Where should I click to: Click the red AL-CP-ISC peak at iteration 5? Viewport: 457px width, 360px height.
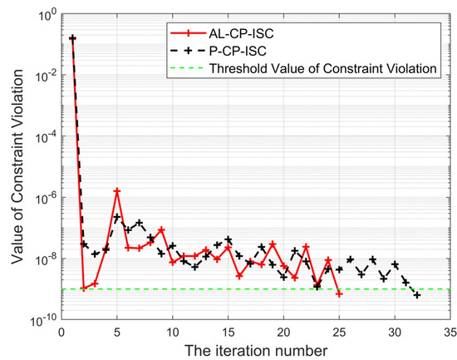(x=117, y=190)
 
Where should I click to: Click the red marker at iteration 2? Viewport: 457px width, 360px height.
(x=84, y=288)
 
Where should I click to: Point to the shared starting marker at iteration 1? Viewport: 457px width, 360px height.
(x=72, y=38)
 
